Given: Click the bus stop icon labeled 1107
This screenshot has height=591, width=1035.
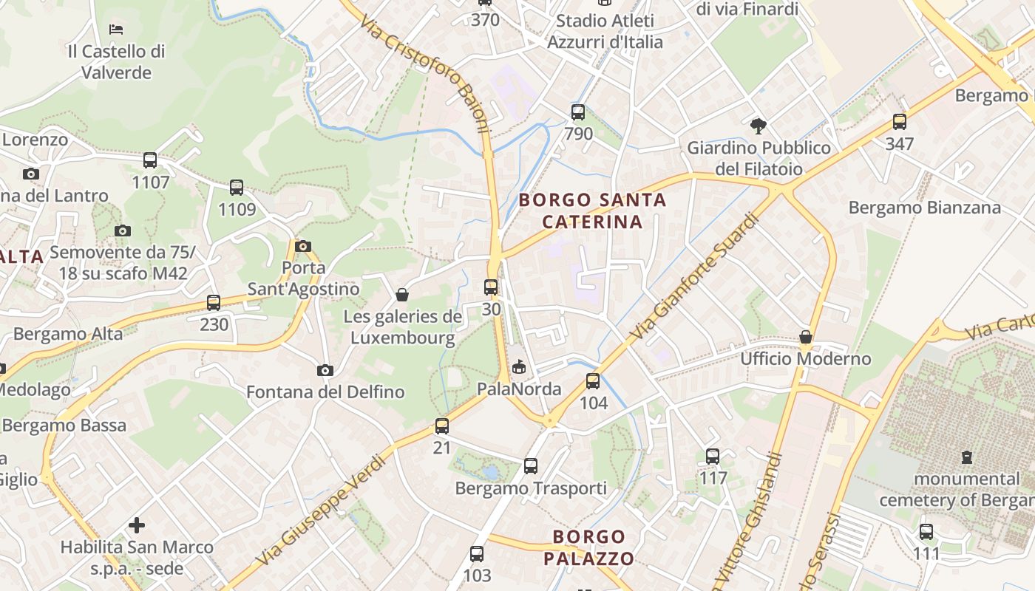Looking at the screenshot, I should (150, 160).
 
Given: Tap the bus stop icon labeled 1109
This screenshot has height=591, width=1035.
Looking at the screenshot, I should (237, 188).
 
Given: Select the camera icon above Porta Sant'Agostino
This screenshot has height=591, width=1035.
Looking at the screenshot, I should (302, 246).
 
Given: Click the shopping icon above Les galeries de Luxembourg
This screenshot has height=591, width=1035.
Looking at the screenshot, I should (402, 295).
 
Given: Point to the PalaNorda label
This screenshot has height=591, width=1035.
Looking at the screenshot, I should (519, 389).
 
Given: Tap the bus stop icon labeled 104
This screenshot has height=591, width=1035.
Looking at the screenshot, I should (593, 381).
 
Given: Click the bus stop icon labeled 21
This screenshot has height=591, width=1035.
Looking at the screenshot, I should (442, 426).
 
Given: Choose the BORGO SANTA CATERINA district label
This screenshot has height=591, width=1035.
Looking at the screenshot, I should (592, 211).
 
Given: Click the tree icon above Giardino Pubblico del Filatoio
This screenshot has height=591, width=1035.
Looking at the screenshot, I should (759, 126).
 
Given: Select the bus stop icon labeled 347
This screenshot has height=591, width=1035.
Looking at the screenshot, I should (900, 122).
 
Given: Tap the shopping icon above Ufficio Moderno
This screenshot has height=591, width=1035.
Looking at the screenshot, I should (806, 337).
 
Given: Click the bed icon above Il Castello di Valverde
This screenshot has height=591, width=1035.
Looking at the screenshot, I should (116, 30).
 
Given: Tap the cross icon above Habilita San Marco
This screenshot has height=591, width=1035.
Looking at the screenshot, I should (137, 525).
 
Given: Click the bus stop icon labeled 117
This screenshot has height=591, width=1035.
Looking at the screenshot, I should (713, 456).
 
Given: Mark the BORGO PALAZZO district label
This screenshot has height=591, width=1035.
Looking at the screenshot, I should (589, 547).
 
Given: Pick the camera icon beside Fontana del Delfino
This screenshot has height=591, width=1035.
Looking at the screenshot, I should (325, 370).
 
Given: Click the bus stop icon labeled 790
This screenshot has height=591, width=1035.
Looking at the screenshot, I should (578, 112).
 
